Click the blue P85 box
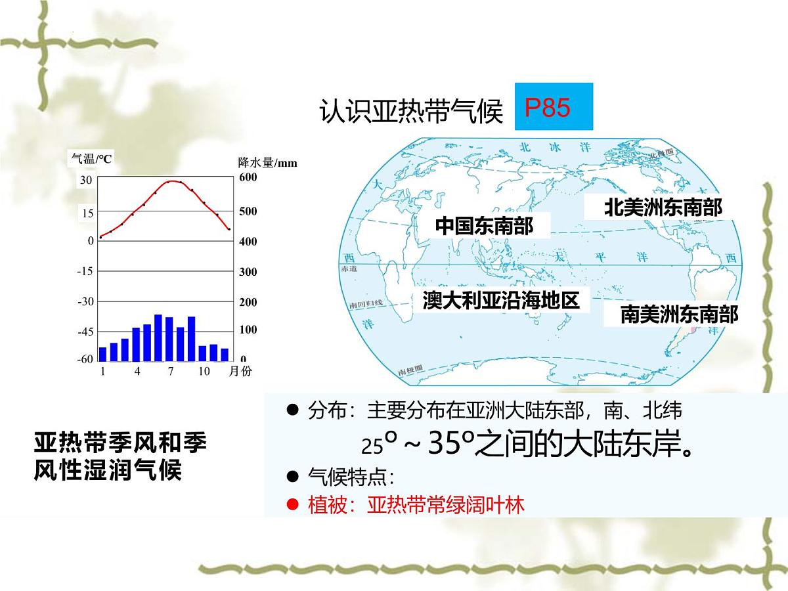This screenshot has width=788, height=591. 554,106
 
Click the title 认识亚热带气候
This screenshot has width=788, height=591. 410,111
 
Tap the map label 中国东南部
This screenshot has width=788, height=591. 484,227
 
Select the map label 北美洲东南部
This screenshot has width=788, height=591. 663,208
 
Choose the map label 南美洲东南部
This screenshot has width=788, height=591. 679,315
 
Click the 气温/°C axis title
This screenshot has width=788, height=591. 92,158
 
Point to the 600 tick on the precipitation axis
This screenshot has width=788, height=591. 248,177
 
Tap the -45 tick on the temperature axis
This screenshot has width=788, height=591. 85,332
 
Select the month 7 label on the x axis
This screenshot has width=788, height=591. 171,372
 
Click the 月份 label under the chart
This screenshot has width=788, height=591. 240,372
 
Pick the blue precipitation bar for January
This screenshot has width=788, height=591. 102,354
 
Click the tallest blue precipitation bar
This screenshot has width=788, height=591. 158,338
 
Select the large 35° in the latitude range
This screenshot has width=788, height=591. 447,445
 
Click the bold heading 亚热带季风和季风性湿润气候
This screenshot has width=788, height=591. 120,456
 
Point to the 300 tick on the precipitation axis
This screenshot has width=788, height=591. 248,272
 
